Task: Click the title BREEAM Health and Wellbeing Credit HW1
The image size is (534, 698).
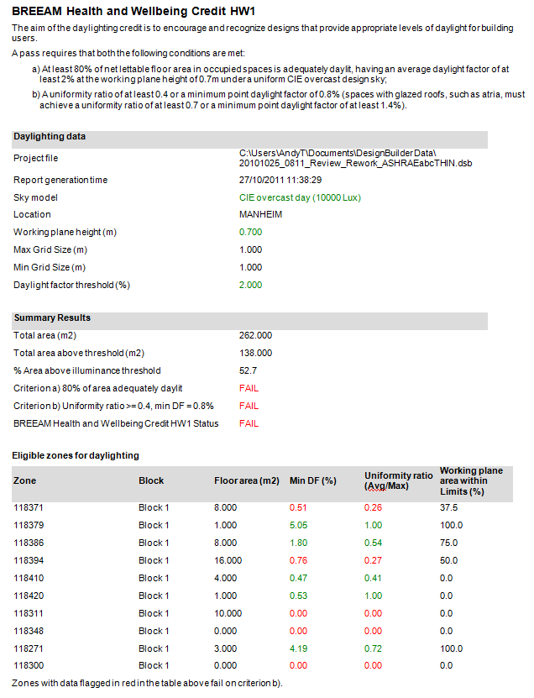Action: coord(133,11)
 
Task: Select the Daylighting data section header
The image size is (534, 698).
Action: coord(50,137)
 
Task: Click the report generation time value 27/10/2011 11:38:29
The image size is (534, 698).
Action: coord(280,180)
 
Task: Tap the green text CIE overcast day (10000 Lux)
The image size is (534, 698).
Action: coord(300,197)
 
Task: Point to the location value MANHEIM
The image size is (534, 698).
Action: coord(260,214)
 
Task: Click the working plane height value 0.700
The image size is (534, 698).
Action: coord(250,232)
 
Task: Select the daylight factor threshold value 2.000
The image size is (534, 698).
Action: coord(250,285)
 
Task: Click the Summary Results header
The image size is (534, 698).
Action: coord(52,318)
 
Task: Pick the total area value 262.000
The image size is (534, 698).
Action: coord(255,335)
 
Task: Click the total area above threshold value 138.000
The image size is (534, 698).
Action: coord(255,353)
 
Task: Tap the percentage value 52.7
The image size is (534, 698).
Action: coord(248,370)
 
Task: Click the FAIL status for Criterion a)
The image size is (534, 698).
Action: coord(249,388)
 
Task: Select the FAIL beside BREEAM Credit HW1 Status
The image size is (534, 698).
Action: coord(249,423)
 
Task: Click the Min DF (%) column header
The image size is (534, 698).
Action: coord(313,480)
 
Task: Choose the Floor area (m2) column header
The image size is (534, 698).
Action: coord(247,480)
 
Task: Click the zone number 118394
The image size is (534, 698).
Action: coord(29,560)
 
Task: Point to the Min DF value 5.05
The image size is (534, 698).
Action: coord(298,525)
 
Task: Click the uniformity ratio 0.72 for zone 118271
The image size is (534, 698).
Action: coord(373,648)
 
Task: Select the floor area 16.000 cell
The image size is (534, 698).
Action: coord(228,560)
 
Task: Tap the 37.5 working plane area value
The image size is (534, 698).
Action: coord(448,507)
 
